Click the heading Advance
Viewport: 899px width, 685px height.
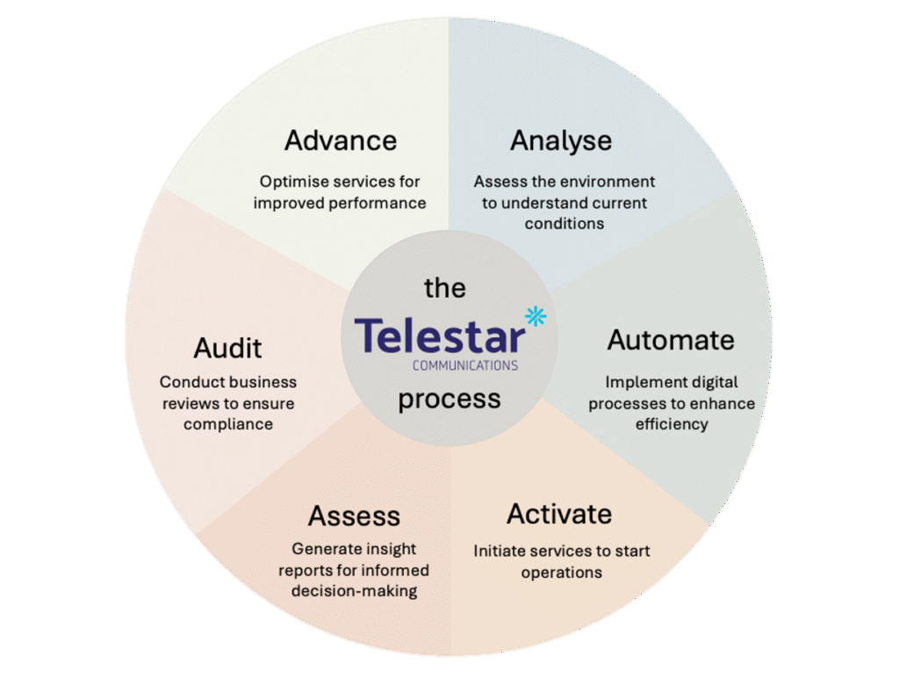tap(340, 141)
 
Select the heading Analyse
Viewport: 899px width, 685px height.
tap(561, 141)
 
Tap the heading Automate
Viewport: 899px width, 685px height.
tap(671, 340)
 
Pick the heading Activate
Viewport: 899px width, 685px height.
tap(559, 514)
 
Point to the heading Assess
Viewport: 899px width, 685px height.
tap(354, 516)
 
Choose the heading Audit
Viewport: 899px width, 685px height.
tap(228, 348)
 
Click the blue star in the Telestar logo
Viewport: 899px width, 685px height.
tap(535, 316)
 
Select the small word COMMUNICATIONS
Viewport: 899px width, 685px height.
tap(464, 364)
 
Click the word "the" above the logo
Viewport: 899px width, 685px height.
tap(445, 288)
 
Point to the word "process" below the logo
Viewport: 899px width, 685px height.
tap(449, 399)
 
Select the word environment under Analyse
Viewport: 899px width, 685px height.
tap(608, 182)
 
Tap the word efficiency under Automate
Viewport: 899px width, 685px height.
tap(672, 424)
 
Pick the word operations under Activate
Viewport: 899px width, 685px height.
tap(561, 573)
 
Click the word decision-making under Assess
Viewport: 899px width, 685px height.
tap(354, 591)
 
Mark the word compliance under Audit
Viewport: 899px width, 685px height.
tap(228, 424)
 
